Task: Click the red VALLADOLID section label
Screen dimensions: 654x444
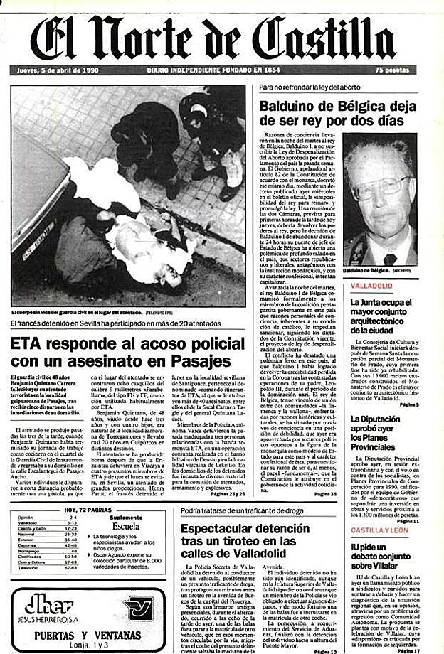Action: [x=374, y=286]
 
